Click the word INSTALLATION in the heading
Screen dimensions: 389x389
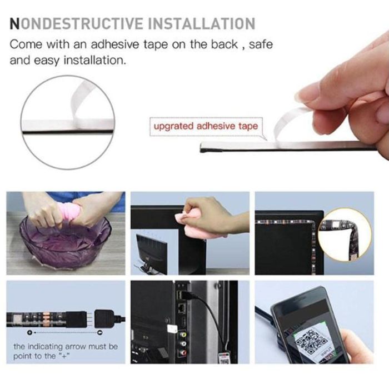201,23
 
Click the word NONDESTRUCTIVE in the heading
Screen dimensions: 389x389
77,23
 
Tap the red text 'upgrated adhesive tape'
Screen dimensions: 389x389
206,126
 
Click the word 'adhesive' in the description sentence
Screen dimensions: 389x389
115,44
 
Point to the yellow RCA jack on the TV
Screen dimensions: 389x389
183,335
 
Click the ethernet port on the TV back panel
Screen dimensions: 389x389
182,308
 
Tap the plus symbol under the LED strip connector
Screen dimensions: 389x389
30,332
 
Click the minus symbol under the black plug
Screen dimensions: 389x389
100,332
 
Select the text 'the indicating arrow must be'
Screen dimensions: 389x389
66,346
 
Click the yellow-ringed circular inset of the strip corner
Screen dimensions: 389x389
345,235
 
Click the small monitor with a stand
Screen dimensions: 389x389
151,252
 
